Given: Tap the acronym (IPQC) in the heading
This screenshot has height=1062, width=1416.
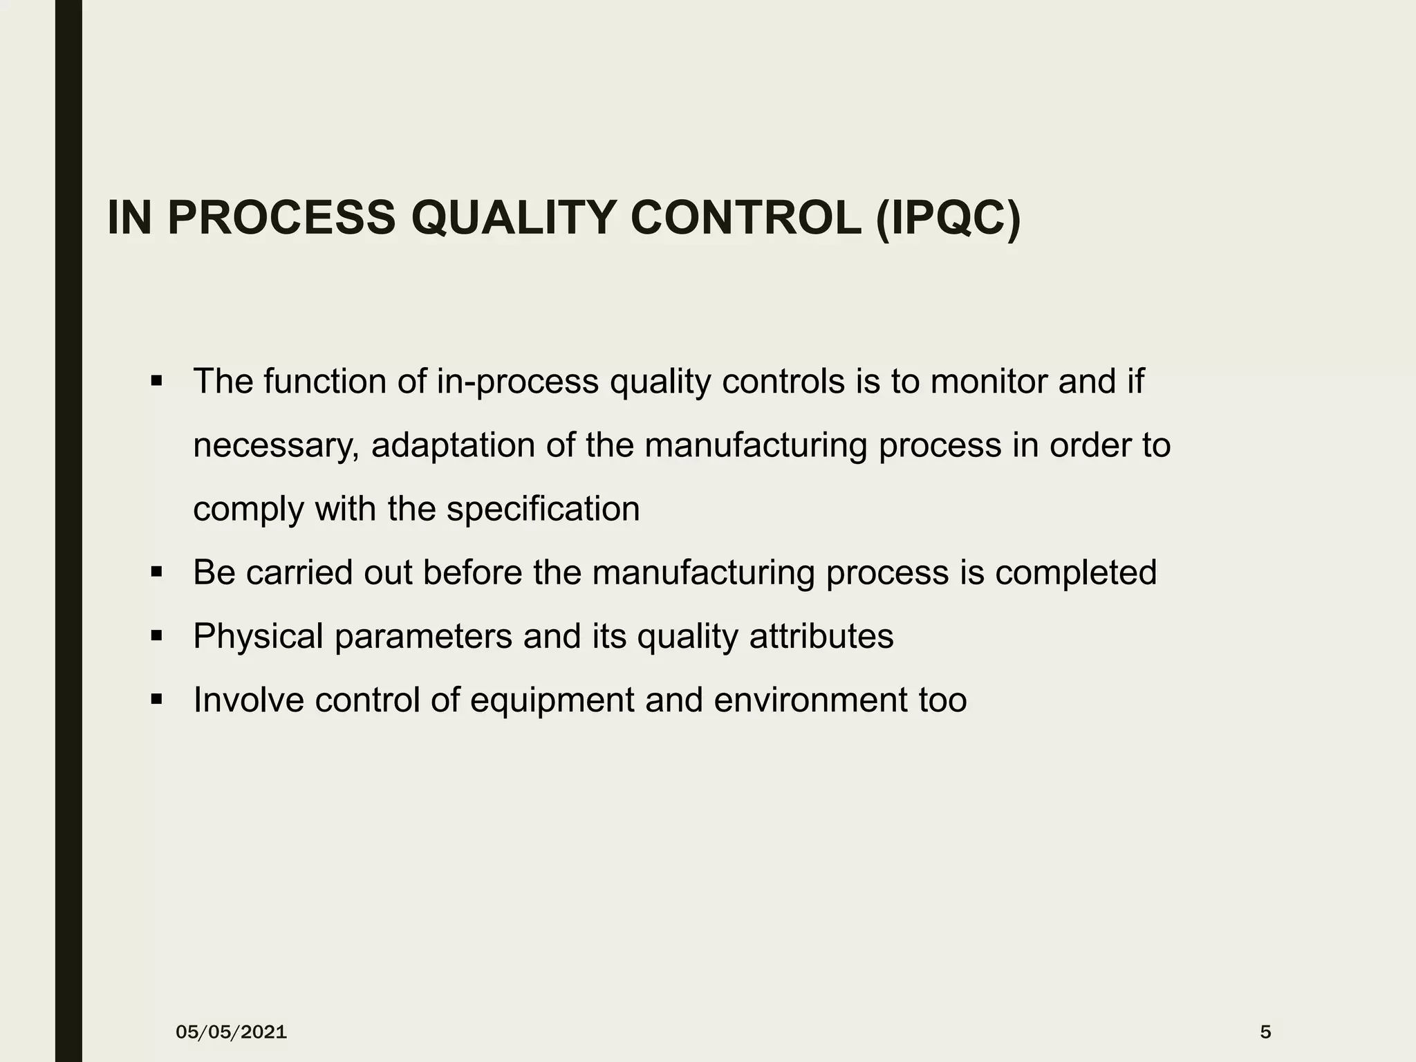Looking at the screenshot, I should pyautogui.click(x=947, y=218).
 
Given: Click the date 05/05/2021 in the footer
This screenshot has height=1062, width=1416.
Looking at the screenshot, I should pyautogui.click(x=231, y=1032).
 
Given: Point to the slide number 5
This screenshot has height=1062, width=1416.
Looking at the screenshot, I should pyautogui.click(x=1265, y=1032).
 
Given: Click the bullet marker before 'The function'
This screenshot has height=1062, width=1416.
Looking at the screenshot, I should pyautogui.click(x=156, y=381).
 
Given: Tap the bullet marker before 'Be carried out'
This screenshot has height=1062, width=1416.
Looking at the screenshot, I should pyautogui.click(x=156, y=572).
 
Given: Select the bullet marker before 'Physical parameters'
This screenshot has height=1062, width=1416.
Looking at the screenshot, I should pyautogui.click(x=156, y=636).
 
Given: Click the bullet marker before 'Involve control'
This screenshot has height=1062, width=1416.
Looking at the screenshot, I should pyautogui.click(x=156, y=700).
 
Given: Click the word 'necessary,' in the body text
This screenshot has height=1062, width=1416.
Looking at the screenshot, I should pyautogui.click(x=276, y=446).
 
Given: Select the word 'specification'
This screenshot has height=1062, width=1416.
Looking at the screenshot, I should pyautogui.click(x=543, y=510).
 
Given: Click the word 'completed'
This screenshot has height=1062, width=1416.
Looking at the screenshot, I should pyautogui.click(x=1076, y=573).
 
